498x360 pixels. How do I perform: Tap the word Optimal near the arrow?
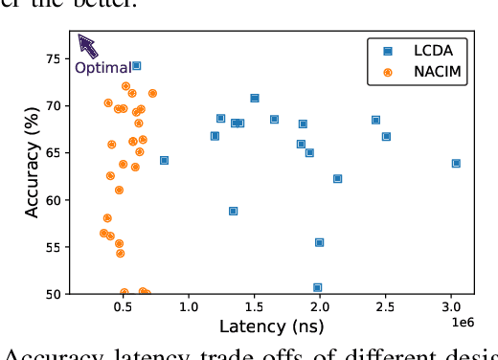pyautogui.click(x=102, y=68)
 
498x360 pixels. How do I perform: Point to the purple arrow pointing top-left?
pyautogui.click(x=88, y=45)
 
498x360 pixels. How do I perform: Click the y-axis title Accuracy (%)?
pyautogui.click(x=33, y=163)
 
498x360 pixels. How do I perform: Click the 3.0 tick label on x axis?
pyautogui.click(x=451, y=309)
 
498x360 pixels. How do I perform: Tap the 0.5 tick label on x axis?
pyautogui.click(x=123, y=309)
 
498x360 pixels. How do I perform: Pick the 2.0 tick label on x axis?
pyautogui.click(x=320, y=309)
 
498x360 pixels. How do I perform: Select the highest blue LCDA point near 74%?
pyautogui.click(x=136, y=65)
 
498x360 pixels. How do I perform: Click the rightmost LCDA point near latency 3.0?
pyautogui.click(x=456, y=163)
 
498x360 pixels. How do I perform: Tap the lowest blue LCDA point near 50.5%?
pyautogui.click(x=317, y=287)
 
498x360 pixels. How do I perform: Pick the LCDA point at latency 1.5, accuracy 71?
pyautogui.click(x=255, y=98)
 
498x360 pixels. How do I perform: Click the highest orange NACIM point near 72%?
pyautogui.click(x=125, y=86)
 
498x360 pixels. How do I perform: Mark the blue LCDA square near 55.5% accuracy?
pyautogui.click(x=319, y=242)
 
